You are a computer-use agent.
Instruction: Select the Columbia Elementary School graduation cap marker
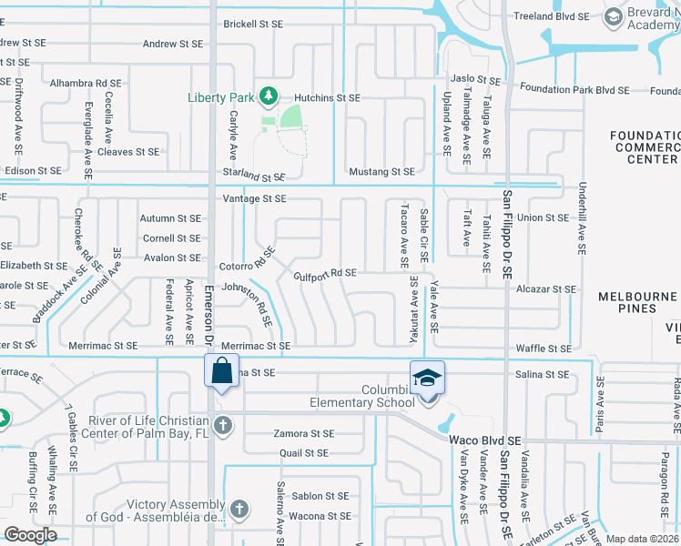426,377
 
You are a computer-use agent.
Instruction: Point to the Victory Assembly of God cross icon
239,510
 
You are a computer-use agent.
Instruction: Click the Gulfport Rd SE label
324,273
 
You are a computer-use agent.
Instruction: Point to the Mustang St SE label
381,171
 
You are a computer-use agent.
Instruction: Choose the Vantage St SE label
255,198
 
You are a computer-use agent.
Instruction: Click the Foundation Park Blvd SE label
574,89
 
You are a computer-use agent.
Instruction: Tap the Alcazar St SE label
544,288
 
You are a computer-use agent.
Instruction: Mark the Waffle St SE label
544,349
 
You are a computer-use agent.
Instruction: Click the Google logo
30,535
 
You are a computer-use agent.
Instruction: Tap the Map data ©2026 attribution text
643,539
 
